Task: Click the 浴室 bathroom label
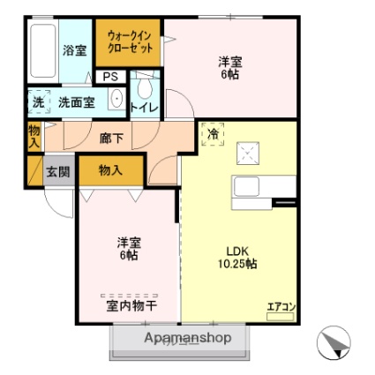tap(75, 50)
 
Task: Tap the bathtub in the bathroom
tap(43, 50)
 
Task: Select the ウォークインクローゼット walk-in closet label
tap(130, 41)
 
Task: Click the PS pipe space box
tap(110, 77)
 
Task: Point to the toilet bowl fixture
tap(145, 86)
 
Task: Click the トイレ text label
tap(145, 108)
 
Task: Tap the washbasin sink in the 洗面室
tap(116, 98)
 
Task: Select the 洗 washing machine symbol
tap(39, 101)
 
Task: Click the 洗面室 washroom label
tap(77, 102)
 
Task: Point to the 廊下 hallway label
tap(111, 138)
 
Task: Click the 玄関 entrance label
tap(58, 171)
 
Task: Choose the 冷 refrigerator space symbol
tap(213, 134)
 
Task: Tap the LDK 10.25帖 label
tap(237, 258)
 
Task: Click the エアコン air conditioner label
tap(281, 307)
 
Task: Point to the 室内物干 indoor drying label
tap(131, 306)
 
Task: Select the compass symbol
tap(334, 342)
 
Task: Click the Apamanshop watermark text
tap(188, 338)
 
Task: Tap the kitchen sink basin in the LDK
tap(246, 186)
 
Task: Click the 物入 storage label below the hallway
tap(110, 170)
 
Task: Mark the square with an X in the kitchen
tap(248, 153)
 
